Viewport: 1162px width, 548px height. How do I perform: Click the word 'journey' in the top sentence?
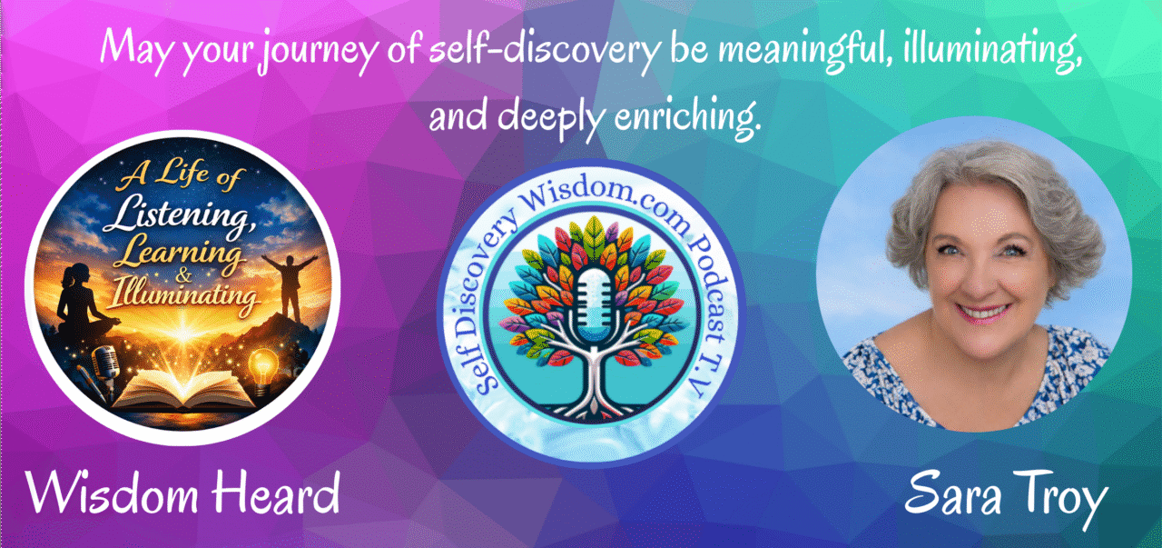coord(318,54)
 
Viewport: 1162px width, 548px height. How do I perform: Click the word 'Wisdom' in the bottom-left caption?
coord(113,493)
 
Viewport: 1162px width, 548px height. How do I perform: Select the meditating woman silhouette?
coord(82,303)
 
